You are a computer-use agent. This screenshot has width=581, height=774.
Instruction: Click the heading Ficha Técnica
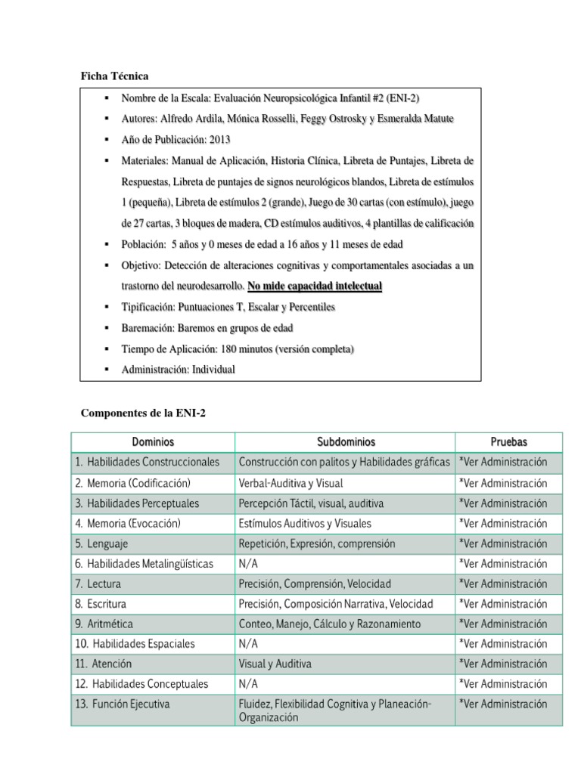pos(115,76)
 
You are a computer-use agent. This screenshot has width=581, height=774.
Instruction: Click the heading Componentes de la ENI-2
pos(144,413)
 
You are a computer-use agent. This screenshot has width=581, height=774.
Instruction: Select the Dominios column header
pos(153,442)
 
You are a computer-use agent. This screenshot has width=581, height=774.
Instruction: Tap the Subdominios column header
pos(345,442)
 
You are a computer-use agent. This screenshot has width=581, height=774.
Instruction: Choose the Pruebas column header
pos(508,442)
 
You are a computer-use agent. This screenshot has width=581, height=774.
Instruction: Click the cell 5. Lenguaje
pos(102,543)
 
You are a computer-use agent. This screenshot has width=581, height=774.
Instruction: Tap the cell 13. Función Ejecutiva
pos(123,704)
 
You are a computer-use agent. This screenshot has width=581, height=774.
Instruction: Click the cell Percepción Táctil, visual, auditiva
pos(310,503)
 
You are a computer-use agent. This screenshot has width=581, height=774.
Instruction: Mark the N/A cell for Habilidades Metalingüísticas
pos(248,564)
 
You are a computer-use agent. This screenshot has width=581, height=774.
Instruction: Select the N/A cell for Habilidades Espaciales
pos(248,644)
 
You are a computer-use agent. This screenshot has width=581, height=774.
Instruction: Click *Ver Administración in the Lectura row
pos(503,584)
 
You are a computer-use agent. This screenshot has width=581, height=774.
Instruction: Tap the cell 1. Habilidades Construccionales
pos(148,462)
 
